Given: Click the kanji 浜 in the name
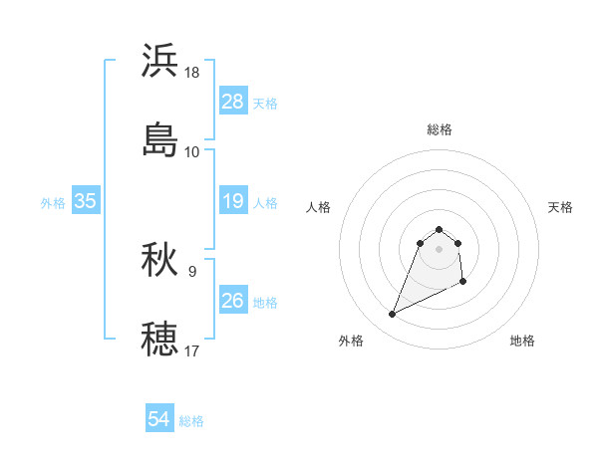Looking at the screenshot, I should pos(160,61).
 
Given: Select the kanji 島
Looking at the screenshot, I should pos(160,140).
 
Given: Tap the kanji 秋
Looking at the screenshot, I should pos(160,260).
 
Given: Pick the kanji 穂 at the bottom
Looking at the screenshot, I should pos(160,339).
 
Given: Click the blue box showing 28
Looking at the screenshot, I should pos(232,102).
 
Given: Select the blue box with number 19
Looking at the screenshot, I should pos(232,201).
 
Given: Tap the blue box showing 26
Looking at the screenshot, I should pos(232,300).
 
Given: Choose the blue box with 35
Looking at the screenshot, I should pos(85,201).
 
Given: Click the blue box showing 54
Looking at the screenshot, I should pos(158,419).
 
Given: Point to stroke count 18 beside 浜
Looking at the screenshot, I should pos(192,73).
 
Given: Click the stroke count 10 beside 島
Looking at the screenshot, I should pos(192,152).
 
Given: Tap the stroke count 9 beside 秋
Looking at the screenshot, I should pos(192,271).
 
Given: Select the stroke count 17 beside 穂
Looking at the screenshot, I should pos(192,351).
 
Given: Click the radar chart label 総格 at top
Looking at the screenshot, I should pos(440,129).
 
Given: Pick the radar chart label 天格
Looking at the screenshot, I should pos(561,207).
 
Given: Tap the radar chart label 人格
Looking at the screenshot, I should pos(319,207).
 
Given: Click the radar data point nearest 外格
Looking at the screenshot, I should pos(392,315).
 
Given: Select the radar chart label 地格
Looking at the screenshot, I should pos(522,341).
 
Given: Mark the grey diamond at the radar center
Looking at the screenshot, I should pos(440,248).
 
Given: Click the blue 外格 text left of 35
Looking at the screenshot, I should pos(53,202).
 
